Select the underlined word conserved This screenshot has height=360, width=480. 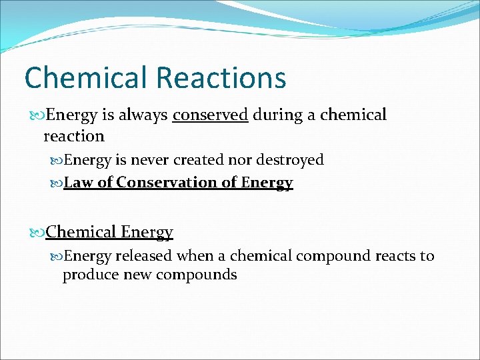(x=210, y=115)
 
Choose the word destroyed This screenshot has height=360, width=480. (x=292, y=160)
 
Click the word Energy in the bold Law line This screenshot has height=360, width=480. (x=267, y=183)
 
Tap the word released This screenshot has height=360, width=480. (x=144, y=256)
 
